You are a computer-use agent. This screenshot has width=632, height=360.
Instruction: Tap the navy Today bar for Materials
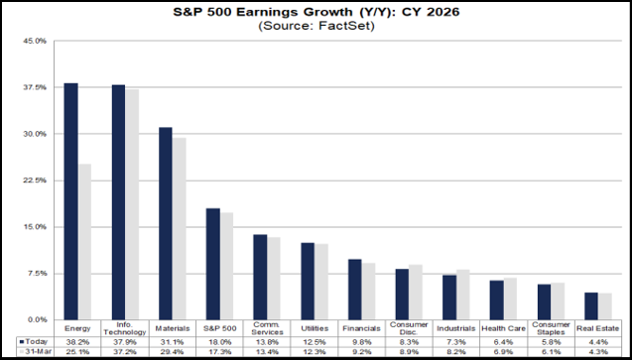click(x=165, y=223)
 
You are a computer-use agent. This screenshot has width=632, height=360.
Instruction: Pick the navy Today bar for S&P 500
click(x=212, y=264)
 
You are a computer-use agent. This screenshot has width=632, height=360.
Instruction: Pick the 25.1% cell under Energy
click(x=77, y=351)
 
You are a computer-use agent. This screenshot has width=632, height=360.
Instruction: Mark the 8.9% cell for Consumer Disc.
click(x=408, y=351)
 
